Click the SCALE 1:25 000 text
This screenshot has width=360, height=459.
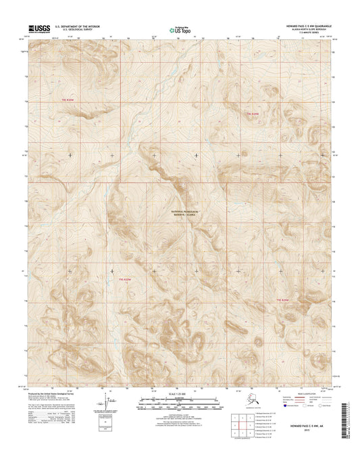[x=180, y=393]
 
